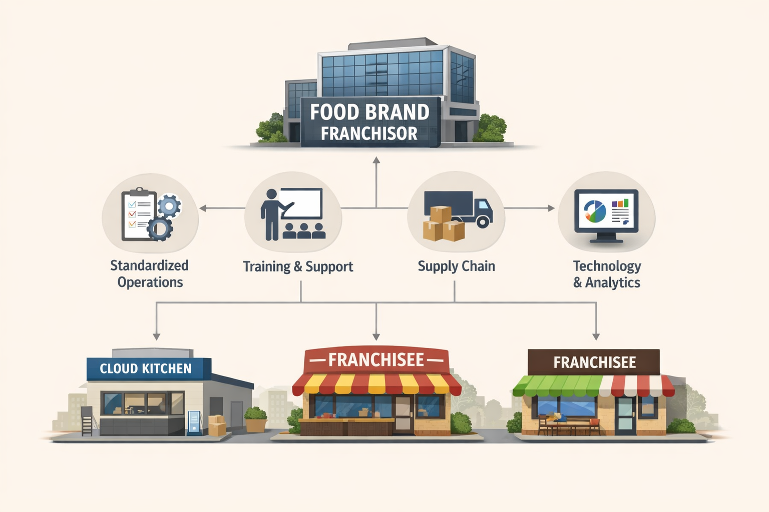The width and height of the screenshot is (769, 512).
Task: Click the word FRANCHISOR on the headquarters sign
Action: [369, 133]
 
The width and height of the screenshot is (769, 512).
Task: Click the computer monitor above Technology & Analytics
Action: [606, 212]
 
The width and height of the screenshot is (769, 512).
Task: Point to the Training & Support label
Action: [298, 266]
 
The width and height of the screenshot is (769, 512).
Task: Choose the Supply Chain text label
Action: [456, 266]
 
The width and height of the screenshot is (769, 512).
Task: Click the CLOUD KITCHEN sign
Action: [146, 369]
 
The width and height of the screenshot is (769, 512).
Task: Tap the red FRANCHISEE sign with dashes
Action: [376, 360]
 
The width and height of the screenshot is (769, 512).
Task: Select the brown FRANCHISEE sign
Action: [594, 362]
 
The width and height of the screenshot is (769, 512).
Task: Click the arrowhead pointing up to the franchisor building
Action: [376, 160]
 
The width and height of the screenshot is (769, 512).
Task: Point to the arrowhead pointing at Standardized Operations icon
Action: [203, 208]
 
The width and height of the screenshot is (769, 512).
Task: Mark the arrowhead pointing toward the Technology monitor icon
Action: [551, 208]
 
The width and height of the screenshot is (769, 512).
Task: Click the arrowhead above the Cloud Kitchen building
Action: [157, 336]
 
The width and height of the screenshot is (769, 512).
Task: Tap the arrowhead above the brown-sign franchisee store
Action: [596, 336]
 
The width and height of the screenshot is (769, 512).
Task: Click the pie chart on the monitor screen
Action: [595, 211]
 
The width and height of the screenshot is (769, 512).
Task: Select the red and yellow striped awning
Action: [376, 384]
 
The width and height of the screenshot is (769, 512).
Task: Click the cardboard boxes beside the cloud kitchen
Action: [217, 425]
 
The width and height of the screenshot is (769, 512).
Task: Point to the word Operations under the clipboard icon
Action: [150, 282]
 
